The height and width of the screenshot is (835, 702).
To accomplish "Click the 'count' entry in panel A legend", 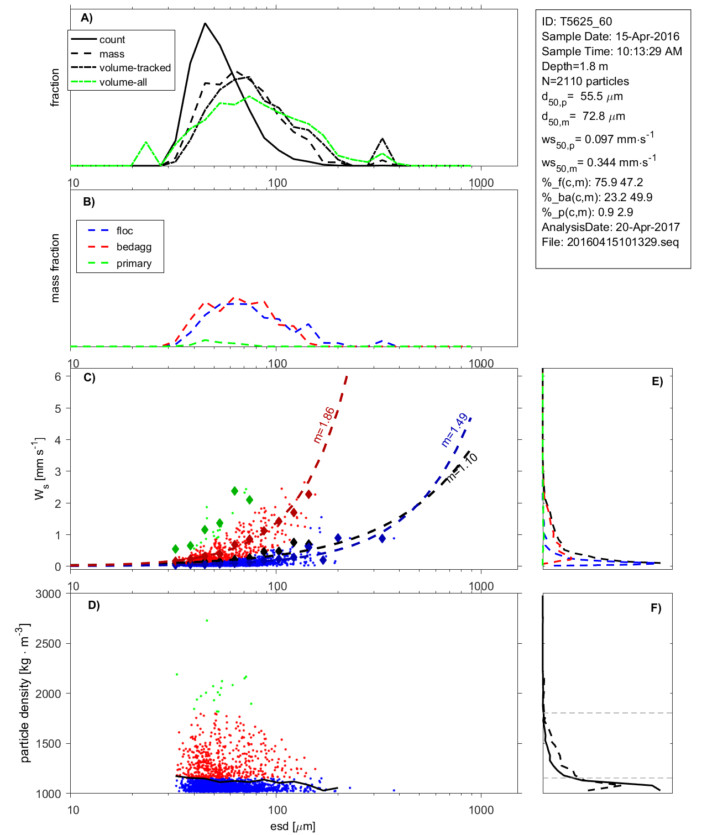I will [x=112, y=40].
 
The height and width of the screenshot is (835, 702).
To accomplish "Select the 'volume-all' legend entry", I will [x=123, y=82].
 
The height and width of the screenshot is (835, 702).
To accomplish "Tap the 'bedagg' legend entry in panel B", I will [x=134, y=247].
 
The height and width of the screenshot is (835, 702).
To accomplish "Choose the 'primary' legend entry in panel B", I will [x=134, y=264].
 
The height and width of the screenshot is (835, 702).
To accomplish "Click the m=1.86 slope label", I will [x=323, y=425].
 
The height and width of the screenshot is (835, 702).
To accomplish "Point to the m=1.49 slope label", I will [x=454, y=430].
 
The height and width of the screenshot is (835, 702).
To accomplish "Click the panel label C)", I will [x=89, y=378].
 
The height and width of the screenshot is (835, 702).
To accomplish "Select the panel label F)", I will [x=656, y=608].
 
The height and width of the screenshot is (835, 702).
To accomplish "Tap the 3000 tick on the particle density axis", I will [x=48, y=594].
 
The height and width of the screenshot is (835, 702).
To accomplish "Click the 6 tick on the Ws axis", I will [x=57, y=377].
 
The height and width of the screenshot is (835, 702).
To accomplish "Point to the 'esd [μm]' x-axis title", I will [x=293, y=827].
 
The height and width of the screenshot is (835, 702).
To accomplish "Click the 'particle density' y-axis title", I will [x=25, y=693].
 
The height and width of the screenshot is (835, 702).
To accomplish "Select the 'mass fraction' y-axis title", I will [x=55, y=268].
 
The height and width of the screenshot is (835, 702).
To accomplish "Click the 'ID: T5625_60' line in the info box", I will [x=577, y=22].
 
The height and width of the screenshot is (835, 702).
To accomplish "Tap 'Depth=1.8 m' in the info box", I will [x=574, y=66].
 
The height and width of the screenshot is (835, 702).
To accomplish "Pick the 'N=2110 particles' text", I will [x=585, y=81].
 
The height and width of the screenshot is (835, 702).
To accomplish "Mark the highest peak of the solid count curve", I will [x=205, y=23].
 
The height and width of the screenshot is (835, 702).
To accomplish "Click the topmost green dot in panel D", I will [x=207, y=621].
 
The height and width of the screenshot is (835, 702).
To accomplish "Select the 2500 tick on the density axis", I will [x=48, y=644].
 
